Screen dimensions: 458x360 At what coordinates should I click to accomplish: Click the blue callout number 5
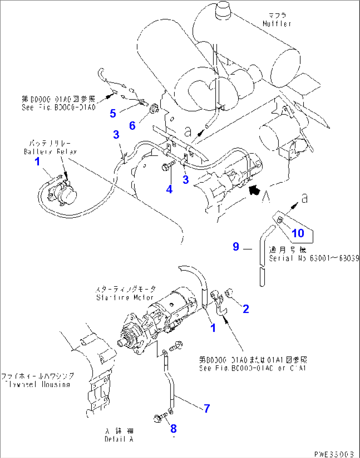click(x=113, y=114)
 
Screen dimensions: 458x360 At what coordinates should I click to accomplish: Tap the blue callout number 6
click(x=132, y=126)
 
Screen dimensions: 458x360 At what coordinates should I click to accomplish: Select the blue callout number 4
click(x=169, y=189)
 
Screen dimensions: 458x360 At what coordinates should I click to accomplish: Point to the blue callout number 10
click(x=298, y=233)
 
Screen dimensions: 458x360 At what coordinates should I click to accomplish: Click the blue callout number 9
click(x=236, y=247)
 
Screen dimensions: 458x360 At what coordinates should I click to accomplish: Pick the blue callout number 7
click(x=207, y=408)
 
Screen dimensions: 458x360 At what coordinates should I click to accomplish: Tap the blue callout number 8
click(x=173, y=429)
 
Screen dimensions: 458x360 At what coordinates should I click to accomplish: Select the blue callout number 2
click(x=246, y=309)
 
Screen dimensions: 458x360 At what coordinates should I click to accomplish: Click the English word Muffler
click(x=277, y=24)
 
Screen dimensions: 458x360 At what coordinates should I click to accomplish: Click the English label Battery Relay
click(x=50, y=152)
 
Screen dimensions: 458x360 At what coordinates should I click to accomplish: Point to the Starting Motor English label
click(x=125, y=297)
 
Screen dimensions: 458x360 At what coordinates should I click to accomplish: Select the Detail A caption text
click(x=119, y=439)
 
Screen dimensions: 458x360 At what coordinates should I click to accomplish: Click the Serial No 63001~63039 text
click(x=314, y=258)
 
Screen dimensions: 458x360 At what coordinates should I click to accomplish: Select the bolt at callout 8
click(x=159, y=418)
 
